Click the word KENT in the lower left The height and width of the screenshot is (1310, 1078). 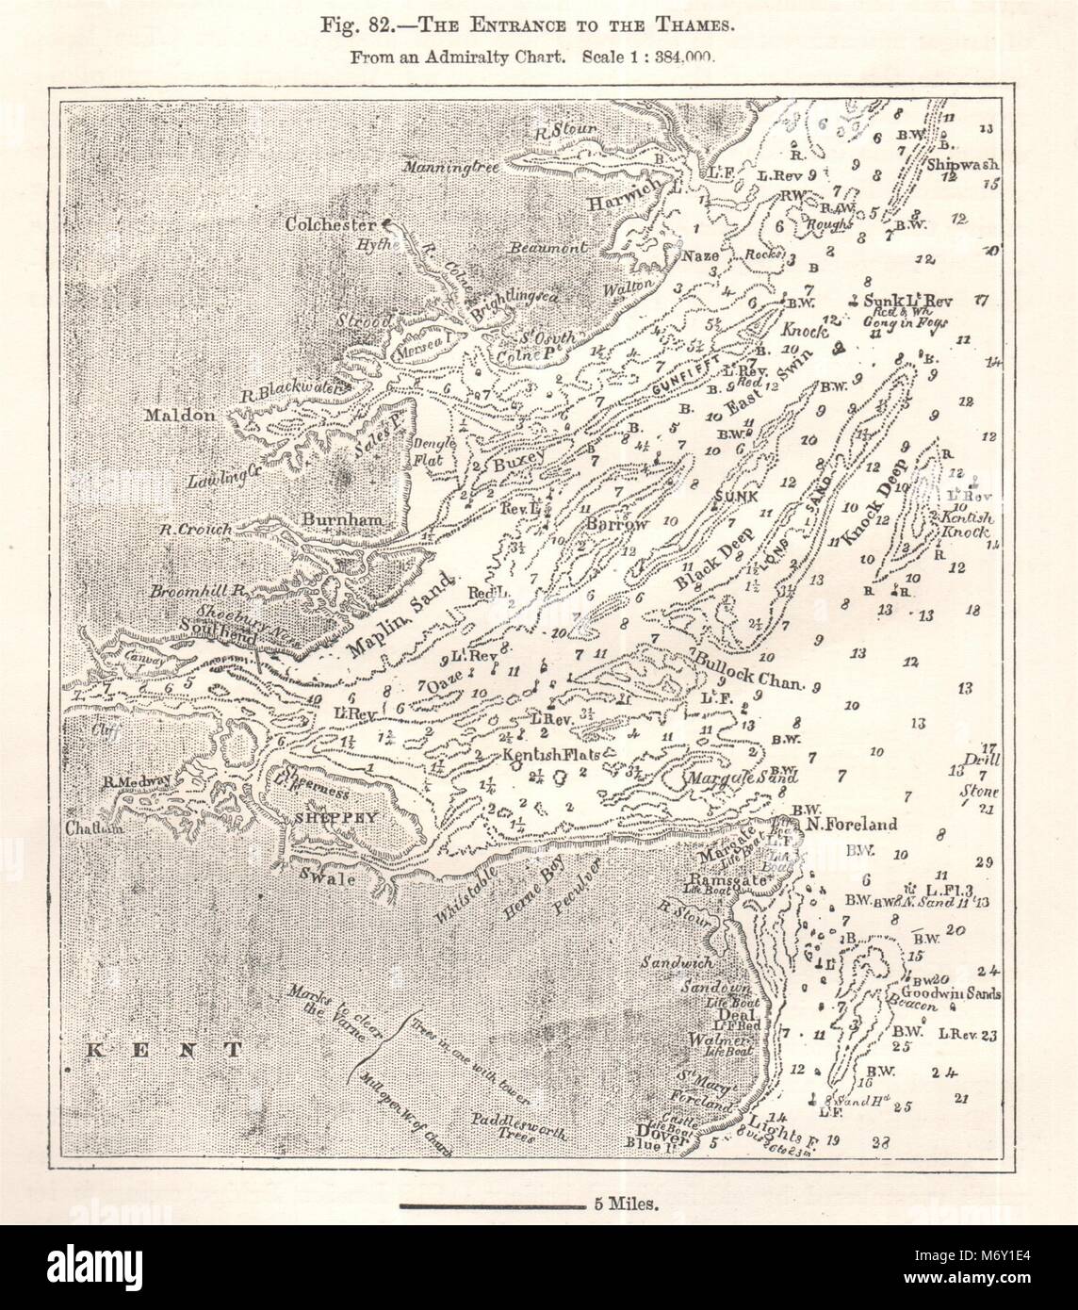161,1048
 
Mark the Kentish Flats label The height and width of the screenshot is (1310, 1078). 552,756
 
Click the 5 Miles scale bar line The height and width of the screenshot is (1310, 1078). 488,1204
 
